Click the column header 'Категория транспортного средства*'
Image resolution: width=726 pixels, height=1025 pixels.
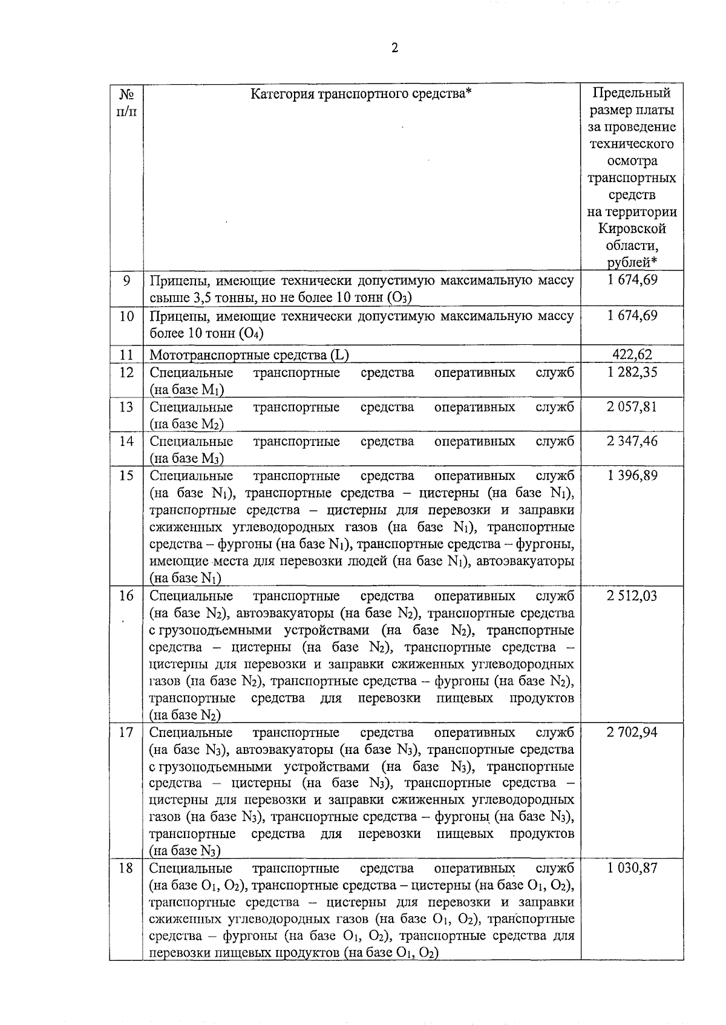361,94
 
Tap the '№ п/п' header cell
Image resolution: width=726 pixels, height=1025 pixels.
126,102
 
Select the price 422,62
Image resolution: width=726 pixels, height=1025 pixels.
632,355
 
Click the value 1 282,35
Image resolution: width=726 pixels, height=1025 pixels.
632,372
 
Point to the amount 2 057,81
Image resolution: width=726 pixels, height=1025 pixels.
632,407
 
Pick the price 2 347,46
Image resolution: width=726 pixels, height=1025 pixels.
632,441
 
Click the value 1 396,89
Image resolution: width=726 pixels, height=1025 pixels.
632,476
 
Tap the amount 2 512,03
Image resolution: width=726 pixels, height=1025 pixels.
632,596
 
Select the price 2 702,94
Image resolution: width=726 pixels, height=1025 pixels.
632,733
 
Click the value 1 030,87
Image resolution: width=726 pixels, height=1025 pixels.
632,868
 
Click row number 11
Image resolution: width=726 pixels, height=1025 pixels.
126,355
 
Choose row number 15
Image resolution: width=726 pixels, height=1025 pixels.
126,476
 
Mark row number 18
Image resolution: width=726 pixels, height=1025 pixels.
126,868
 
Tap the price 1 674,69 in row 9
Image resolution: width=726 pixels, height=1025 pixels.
632,280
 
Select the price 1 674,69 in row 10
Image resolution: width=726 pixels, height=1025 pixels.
632,316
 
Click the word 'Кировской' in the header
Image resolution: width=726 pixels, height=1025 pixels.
632,229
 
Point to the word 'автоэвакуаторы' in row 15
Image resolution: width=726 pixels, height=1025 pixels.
525,561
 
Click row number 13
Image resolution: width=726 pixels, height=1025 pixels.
126,407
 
